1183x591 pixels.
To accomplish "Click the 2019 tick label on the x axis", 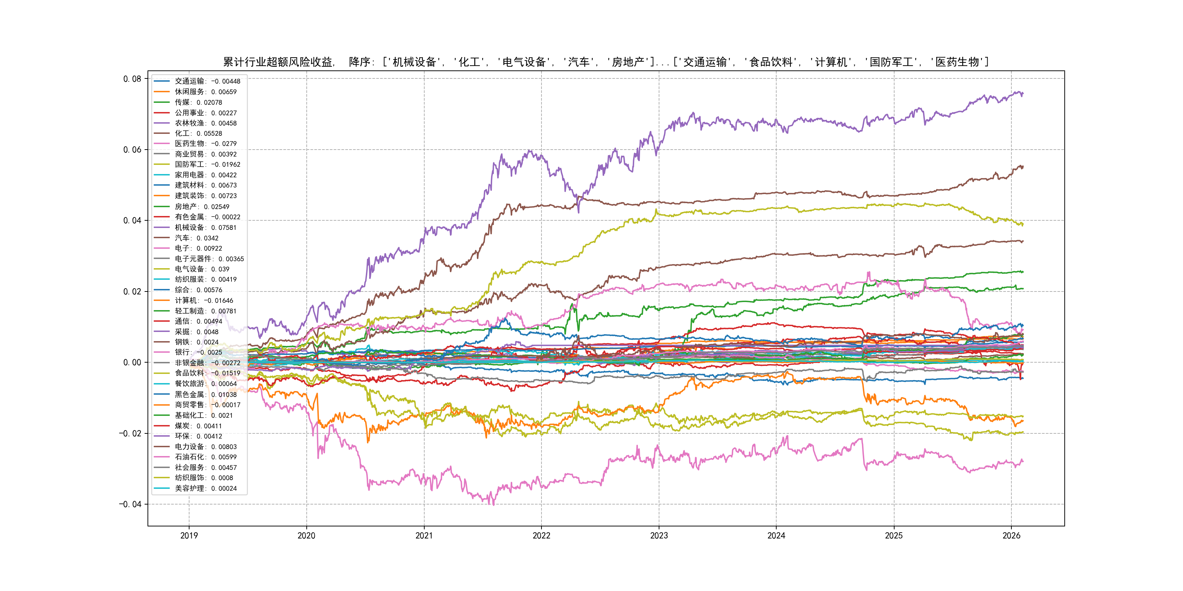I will coord(189,536).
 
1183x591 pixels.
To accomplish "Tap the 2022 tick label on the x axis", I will coord(541,536).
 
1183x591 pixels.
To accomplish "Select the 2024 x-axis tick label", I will coord(776,536).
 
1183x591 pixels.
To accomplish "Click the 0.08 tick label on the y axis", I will coord(132,79).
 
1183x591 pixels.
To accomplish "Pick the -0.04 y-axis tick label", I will coord(130,504).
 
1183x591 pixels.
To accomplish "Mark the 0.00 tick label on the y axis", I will coord(132,363).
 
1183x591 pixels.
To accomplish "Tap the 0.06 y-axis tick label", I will coord(132,150).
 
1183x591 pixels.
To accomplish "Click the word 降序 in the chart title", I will coord(360,62).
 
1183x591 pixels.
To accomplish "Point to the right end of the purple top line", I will coord(1023,94).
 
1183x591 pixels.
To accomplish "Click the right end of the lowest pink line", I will coord(1023,461).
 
